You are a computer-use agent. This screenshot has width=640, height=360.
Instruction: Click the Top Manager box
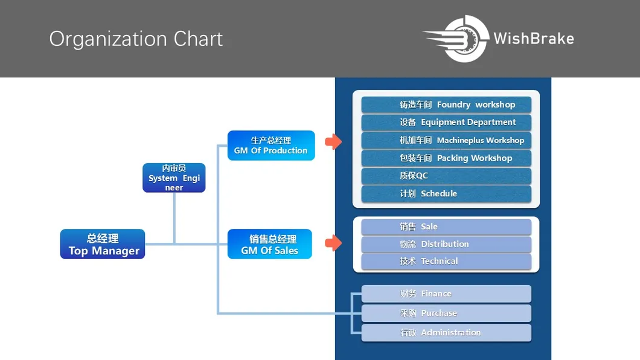tap(103, 244)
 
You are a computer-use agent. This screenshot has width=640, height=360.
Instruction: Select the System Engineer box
tap(174, 178)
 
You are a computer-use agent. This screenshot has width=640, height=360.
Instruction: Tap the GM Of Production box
tap(271, 146)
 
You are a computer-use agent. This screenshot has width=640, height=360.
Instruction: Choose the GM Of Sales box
tap(270, 244)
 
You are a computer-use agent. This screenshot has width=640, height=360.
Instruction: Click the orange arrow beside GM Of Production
tap(333, 141)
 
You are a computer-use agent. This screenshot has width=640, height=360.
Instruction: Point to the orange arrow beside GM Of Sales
tap(333, 243)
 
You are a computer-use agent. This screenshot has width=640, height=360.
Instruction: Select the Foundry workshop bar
tap(446, 104)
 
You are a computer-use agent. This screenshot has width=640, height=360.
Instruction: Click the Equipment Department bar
tap(446, 123)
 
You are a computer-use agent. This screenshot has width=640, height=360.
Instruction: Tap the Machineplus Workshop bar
tap(446, 140)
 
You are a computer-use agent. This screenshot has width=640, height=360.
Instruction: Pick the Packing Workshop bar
tap(446, 158)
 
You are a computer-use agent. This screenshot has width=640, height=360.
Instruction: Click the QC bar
tap(446, 176)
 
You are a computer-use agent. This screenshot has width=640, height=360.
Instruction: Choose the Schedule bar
tap(446, 194)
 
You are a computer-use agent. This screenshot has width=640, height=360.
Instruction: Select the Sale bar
tap(446, 227)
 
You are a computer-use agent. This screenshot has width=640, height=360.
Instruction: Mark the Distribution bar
tap(446, 244)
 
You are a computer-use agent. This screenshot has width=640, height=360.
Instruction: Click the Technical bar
tap(446, 261)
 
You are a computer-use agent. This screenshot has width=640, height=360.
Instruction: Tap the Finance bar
tap(446, 294)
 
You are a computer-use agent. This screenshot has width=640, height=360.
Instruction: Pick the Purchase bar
tap(446, 313)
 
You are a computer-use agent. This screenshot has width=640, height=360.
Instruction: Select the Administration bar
tap(446, 333)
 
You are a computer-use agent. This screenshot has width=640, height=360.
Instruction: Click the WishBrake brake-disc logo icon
tap(456, 39)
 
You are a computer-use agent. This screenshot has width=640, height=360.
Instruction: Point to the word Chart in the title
tap(198, 39)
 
